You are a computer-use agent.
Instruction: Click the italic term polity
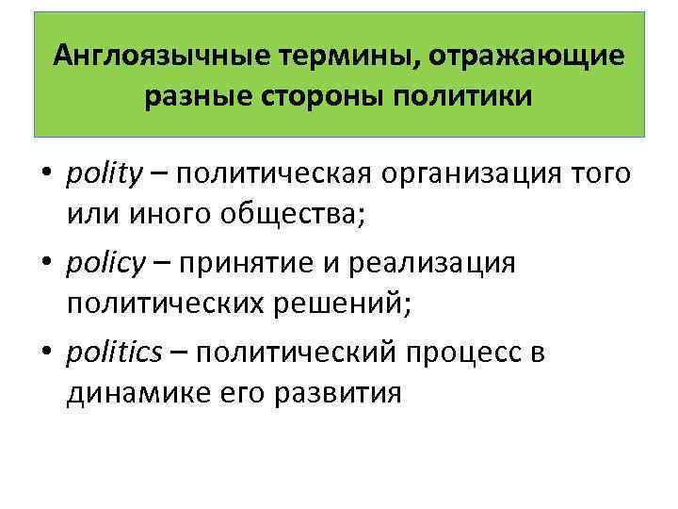pyautogui.click(x=104, y=173)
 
